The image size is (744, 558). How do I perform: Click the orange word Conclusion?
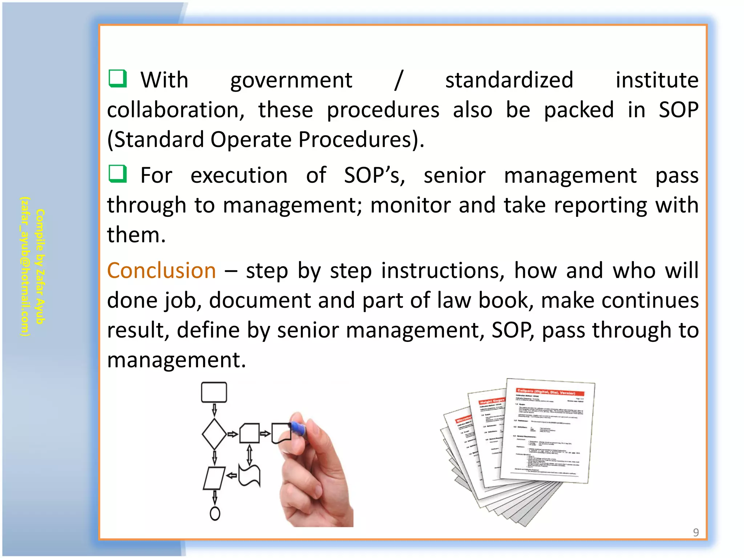161,271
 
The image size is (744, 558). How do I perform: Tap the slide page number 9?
696,532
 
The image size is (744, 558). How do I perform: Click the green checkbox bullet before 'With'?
118,78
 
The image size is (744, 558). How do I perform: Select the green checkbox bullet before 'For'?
118,174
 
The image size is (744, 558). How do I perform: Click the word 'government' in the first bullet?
291,81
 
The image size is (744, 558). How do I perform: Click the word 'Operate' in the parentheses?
251,139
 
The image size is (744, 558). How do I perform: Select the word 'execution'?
239,175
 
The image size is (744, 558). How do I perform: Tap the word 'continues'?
620,300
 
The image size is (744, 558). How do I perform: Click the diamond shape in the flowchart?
214,434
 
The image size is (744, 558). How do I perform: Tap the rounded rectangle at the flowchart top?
214,392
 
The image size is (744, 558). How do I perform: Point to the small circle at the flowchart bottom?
215,513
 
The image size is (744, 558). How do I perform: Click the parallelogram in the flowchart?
214,478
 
